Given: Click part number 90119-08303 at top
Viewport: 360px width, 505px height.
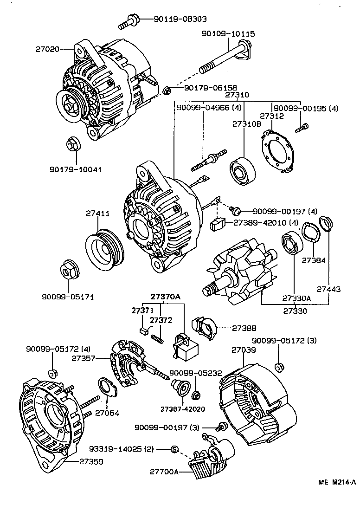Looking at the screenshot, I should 174,19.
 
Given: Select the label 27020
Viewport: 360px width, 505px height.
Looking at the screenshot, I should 48,48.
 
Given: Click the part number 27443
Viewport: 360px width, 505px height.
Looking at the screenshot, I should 329,289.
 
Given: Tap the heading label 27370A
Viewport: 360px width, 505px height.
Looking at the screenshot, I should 164,297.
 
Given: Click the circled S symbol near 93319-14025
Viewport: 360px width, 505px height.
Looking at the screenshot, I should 174,449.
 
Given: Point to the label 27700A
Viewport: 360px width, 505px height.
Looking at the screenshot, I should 164,471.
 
